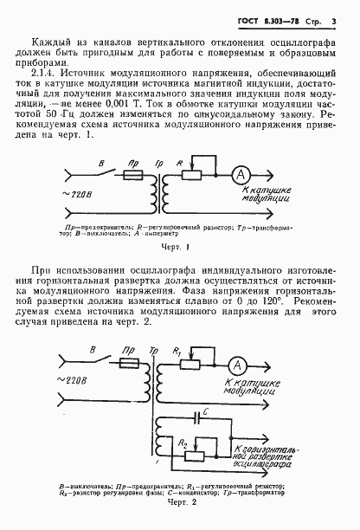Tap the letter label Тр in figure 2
pyautogui.click(x=154, y=351)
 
